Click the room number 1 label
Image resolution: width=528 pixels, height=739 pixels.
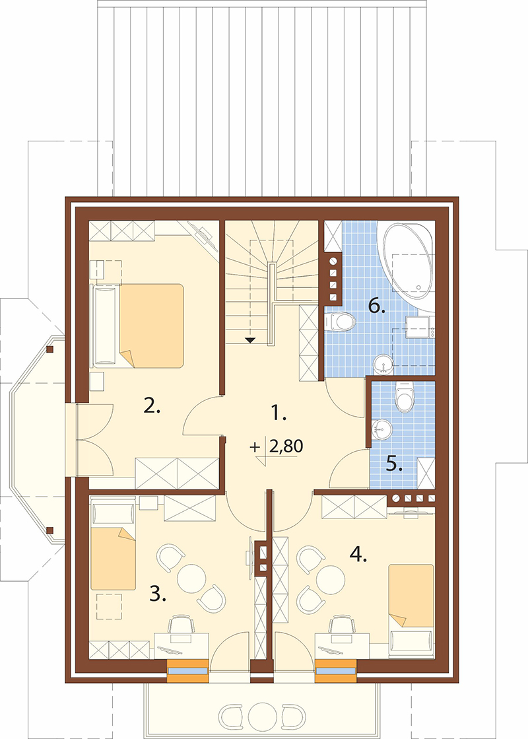click(279, 414)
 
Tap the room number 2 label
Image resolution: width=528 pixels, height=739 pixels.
click(152, 405)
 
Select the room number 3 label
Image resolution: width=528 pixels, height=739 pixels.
click(158, 595)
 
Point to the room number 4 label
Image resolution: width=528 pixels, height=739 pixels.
click(358, 555)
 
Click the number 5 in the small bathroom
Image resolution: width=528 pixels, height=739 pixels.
click(395, 465)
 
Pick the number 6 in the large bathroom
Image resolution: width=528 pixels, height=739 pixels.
click(377, 306)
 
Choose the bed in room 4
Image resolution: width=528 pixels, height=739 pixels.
click(411, 595)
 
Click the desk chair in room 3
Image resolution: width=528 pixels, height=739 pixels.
click(181, 625)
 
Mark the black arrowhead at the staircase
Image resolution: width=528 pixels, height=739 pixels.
click(249, 339)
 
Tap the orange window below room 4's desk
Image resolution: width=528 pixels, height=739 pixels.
click(335, 671)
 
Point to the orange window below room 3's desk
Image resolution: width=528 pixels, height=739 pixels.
click(187, 671)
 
